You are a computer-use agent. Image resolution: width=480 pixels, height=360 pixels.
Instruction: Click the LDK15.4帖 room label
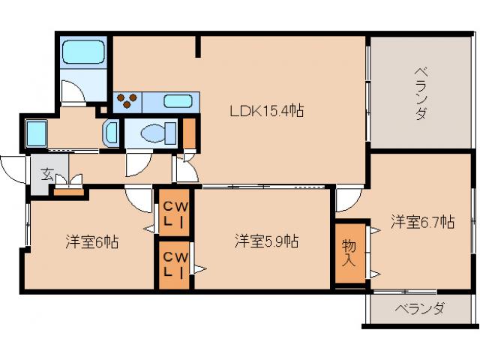266,112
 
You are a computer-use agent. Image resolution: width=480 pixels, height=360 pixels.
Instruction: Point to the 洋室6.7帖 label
422,222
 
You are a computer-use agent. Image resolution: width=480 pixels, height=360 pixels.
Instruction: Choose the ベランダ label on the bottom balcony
420,308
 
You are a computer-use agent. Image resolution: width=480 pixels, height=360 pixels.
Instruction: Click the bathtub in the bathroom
85,52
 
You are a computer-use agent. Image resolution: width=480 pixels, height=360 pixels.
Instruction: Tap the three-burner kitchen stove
126,100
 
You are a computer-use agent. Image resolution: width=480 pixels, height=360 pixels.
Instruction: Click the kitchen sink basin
178,100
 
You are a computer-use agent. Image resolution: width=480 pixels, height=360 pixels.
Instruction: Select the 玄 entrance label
46,175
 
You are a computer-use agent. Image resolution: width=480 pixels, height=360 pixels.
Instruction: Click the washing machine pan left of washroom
36,133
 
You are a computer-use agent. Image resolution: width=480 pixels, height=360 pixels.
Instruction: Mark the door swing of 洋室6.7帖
346,199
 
